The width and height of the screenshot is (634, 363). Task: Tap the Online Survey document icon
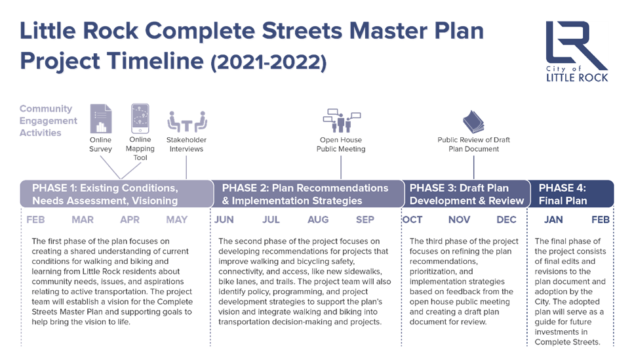pyautogui.click(x=101, y=119)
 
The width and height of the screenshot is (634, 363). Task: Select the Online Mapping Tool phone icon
pyautogui.click(x=140, y=118)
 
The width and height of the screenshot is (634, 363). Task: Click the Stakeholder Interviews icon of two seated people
pyautogui.click(x=187, y=122)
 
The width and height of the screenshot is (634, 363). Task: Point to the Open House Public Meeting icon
pyautogui.click(x=342, y=121)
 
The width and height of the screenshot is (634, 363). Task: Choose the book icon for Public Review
pyautogui.click(x=473, y=122)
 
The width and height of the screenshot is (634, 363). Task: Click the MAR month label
pyautogui.click(x=83, y=220)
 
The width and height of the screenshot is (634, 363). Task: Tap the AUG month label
pyautogui.click(x=318, y=220)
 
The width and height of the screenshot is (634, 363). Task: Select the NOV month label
pyautogui.click(x=459, y=220)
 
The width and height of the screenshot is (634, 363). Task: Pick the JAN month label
pyautogui.click(x=553, y=220)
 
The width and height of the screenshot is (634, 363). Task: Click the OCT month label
pyautogui.click(x=412, y=220)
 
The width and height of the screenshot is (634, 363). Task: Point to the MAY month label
pyautogui.click(x=177, y=220)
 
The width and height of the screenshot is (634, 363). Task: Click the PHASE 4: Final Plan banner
pyautogui.click(x=571, y=194)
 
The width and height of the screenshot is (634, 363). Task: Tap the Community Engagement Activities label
pyautogui.click(x=48, y=121)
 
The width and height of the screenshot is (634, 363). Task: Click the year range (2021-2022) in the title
pyautogui.click(x=268, y=62)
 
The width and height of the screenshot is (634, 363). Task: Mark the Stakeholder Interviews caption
pyautogui.click(x=186, y=144)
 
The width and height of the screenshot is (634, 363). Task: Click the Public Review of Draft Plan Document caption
pyautogui.click(x=473, y=144)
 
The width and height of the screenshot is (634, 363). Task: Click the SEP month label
pyautogui.click(x=365, y=220)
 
